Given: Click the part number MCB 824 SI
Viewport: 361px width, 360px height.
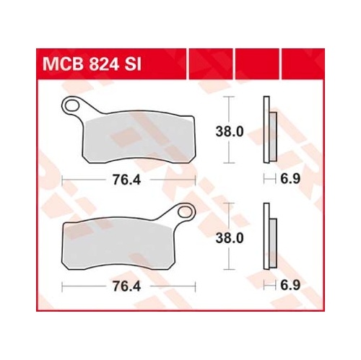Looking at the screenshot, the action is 92,64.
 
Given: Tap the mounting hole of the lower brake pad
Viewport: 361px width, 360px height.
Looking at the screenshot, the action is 185,212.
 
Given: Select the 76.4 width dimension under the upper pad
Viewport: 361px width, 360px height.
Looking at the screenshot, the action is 126,180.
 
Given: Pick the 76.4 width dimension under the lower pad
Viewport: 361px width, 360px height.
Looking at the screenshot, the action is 126,286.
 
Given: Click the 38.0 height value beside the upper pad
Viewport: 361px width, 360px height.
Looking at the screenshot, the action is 230,132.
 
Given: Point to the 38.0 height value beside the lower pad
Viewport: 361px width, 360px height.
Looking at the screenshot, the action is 230,238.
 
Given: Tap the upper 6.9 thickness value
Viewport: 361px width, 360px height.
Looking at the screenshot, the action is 290,179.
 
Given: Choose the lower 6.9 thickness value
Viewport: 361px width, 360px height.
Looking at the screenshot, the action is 290,286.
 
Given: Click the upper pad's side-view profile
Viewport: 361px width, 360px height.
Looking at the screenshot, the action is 270,130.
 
